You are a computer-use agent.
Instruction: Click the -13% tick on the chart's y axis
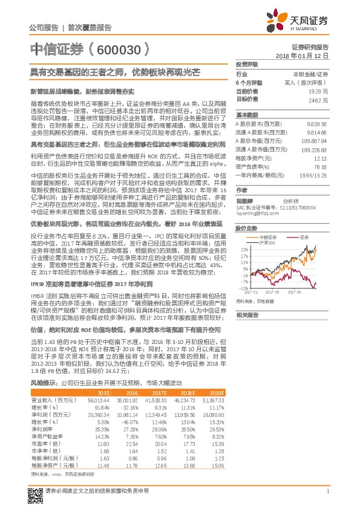pyautogui.click(x=244, y=288)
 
